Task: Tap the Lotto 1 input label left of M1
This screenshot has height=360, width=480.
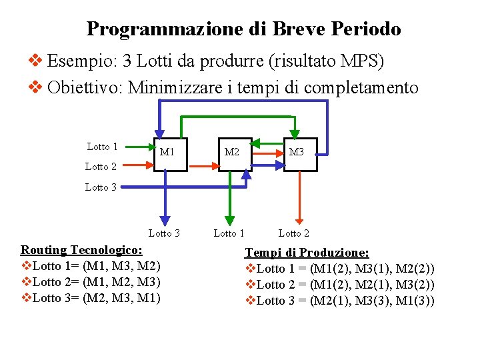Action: pyautogui.click(x=102, y=147)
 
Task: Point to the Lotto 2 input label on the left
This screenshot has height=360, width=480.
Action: pyautogui.click(x=101, y=167)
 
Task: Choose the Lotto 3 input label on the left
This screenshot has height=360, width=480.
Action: pyautogui.click(x=101, y=187)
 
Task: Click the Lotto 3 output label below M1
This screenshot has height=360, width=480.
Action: pyautogui.click(x=164, y=233)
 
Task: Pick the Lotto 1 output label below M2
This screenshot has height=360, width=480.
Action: pyautogui.click(x=229, y=233)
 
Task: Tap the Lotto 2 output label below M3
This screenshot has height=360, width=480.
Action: pyautogui.click(x=293, y=233)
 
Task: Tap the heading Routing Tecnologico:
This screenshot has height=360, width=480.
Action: pyautogui.click(x=81, y=250)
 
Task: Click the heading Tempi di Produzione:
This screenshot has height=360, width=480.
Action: pyautogui.click(x=307, y=253)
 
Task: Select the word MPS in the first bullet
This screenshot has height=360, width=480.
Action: pyautogui.click(x=361, y=61)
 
